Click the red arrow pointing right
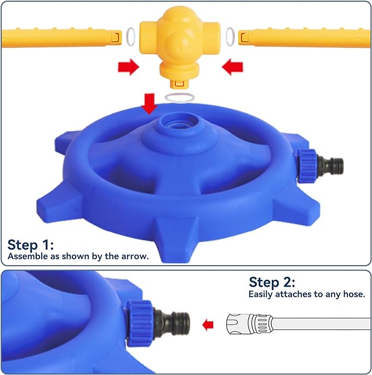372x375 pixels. click(128, 67)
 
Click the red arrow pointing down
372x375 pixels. click(150, 103)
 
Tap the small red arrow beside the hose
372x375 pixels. click(208, 325)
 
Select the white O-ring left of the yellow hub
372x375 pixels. click(130, 36)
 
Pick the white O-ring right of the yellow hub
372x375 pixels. click(230, 37)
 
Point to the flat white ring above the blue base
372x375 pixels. click(180, 98)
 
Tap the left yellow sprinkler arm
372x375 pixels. click(61, 38)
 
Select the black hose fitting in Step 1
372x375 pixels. click(330, 165)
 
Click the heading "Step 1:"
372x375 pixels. click(31, 245)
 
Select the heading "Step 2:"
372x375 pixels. click(272, 282)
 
